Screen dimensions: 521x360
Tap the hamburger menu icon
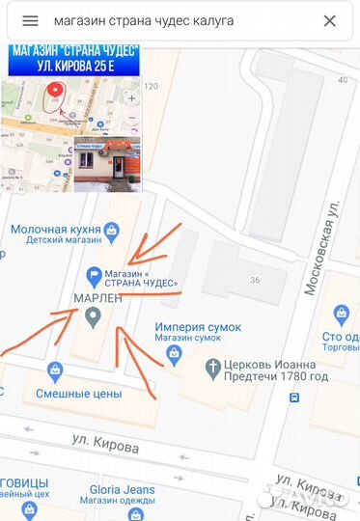pos(30,21)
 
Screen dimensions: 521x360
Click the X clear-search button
pos(329,21)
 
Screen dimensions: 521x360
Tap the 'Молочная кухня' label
pos(54,230)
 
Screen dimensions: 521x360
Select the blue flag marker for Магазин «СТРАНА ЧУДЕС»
pos(95,275)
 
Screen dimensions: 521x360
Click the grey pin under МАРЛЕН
pos(94,319)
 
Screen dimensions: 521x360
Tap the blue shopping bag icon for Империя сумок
pos(174,353)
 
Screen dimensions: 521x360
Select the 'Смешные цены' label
pos(79,394)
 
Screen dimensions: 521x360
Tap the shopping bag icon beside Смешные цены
pos(55,370)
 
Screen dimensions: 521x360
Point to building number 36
pos(256,281)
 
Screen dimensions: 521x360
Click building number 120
pos(151,87)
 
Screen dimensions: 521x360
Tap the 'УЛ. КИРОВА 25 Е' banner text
pos(74,68)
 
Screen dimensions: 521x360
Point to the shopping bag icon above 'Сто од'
pos(341,314)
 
